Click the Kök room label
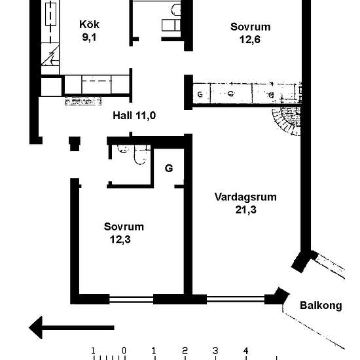click(x=89, y=25)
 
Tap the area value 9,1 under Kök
click(x=89, y=37)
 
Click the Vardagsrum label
click(x=245, y=197)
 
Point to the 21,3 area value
click(x=245, y=210)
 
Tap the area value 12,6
click(x=250, y=39)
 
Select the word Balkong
click(x=320, y=305)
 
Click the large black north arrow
click(x=71, y=327)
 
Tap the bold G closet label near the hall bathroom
click(x=169, y=168)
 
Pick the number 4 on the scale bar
click(x=246, y=350)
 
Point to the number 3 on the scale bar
click(x=215, y=350)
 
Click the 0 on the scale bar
click(x=124, y=350)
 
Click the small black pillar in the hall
click(x=74, y=142)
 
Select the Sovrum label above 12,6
click(x=250, y=27)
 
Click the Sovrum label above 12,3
click(x=124, y=227)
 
